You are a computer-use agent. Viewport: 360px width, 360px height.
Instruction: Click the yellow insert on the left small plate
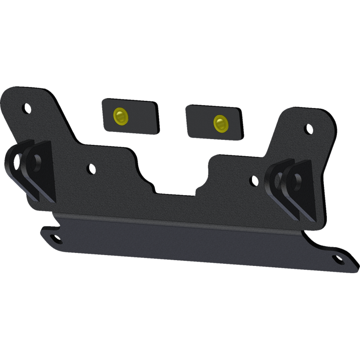coord(120,117)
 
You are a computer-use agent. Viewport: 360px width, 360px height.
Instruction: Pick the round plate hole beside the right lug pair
coord(254,181)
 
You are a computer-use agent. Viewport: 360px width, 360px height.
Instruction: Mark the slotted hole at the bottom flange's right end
coord(338,260)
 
